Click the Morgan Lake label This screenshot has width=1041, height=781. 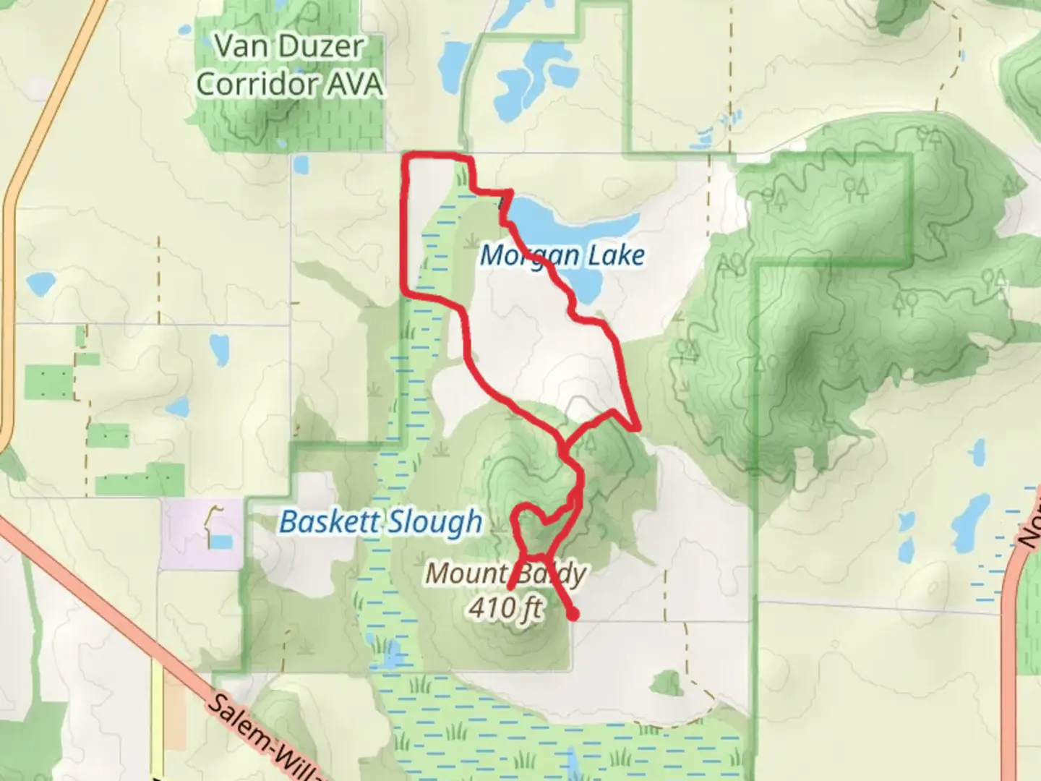point(562,255)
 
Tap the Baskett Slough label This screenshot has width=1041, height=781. point(380,521)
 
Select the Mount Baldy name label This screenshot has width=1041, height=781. point(505,573)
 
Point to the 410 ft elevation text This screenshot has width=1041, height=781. point(505,607)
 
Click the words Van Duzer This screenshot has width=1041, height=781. point(289,47)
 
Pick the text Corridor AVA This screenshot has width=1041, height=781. point(289,84)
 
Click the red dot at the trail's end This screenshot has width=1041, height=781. point(573,615)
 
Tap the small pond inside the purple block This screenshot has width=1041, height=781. point(221,542)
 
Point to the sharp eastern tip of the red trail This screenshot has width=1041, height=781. point(638,428)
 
